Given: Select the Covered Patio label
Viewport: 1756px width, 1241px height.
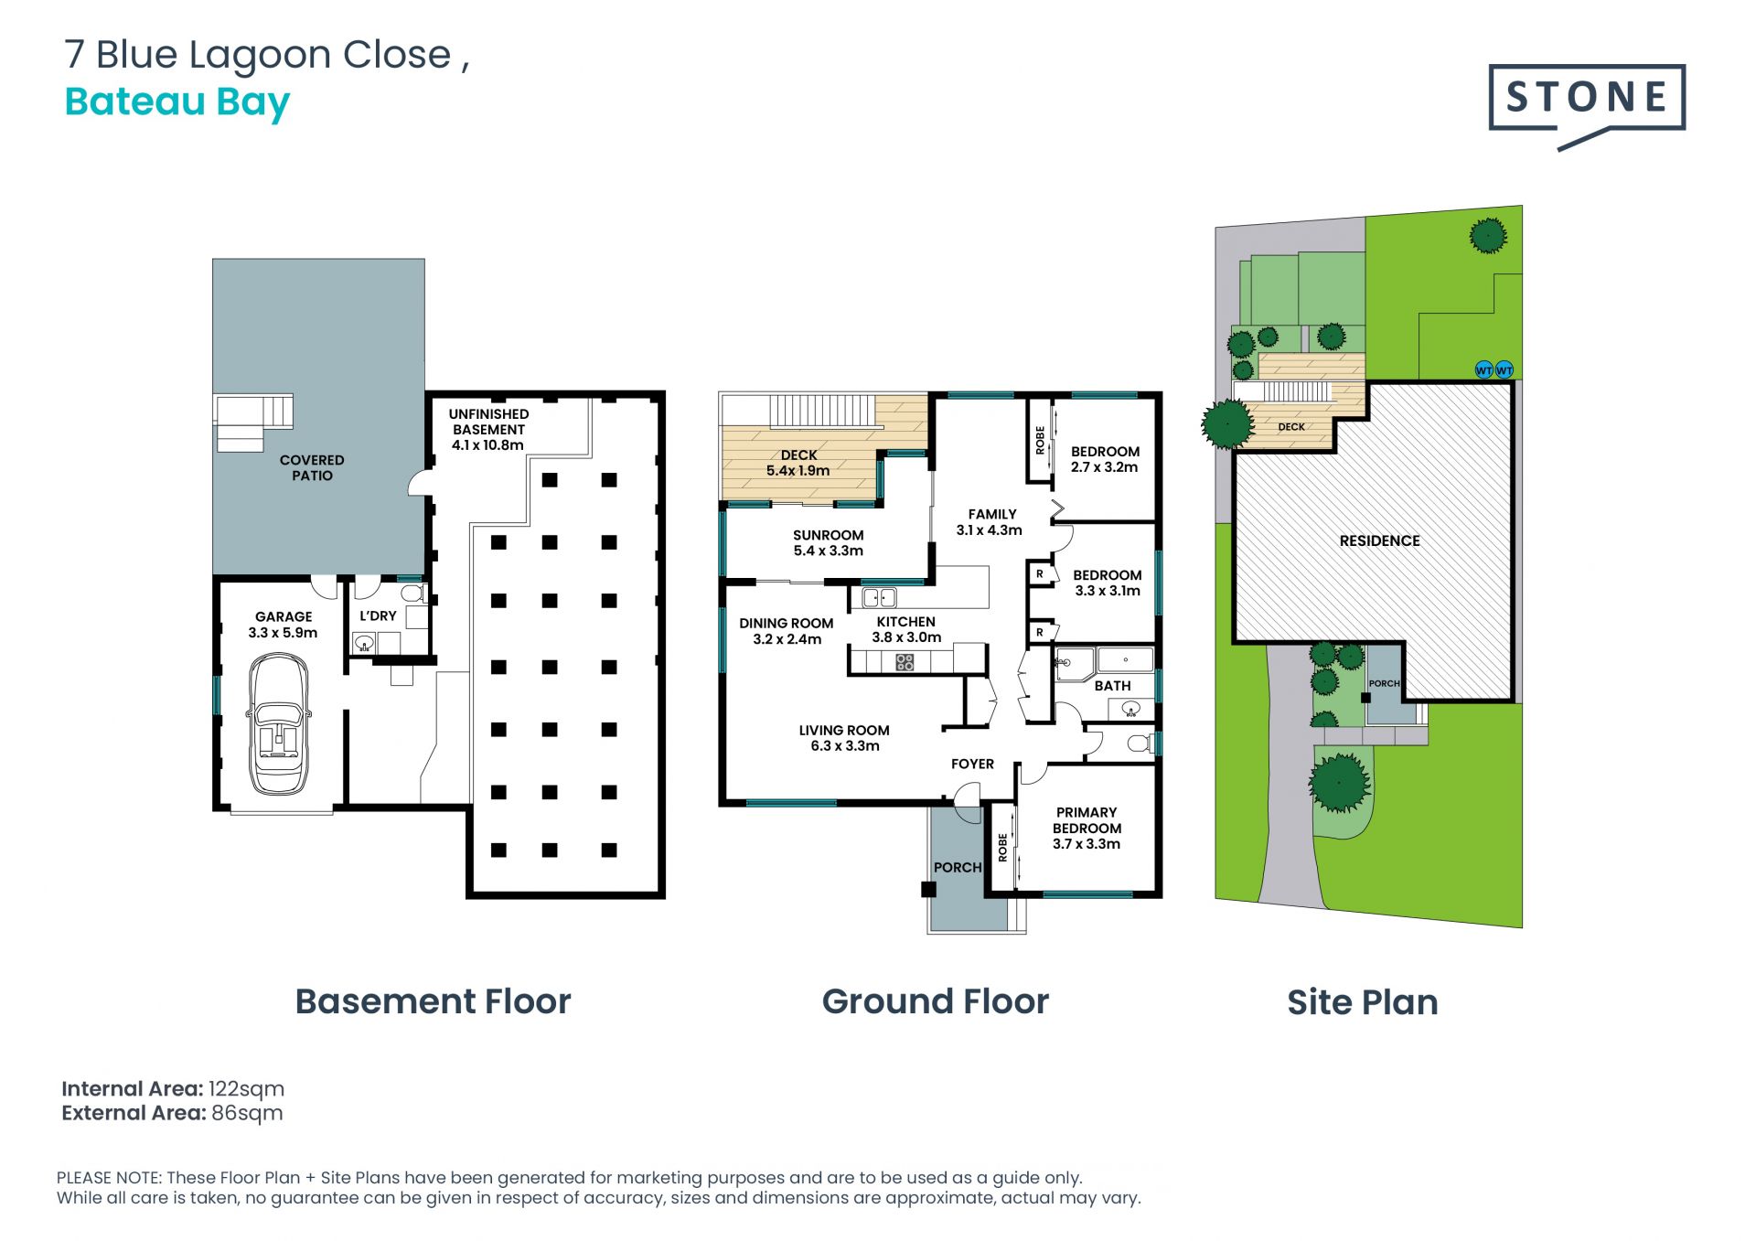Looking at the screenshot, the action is click(312, 467).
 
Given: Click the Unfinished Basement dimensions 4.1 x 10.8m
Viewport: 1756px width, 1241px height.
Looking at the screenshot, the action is click(487, 445).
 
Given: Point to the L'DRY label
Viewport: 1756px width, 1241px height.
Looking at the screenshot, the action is click(378, 615).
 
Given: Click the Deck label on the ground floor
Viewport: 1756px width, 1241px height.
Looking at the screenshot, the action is click(798, 455).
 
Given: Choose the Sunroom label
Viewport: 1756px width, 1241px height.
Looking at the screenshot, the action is click(828, 535).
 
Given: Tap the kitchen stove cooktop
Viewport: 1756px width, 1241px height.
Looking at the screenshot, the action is click(905, 661).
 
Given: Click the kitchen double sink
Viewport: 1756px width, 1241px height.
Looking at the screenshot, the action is click(879, 598).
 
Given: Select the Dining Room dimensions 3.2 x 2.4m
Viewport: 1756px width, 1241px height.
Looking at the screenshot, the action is click(787, 639).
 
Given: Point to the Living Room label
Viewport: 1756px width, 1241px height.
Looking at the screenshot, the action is click(844, 730).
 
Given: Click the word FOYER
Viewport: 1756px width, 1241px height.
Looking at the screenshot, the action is click(972, 764).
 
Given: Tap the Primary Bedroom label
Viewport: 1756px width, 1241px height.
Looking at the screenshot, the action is click(1087, 820).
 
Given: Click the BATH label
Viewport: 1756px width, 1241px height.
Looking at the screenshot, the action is click(1112, 686).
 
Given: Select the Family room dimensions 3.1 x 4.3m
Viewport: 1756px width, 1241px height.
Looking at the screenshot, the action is click(989, 530).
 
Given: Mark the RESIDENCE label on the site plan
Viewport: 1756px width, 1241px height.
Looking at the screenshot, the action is click(1379, 540).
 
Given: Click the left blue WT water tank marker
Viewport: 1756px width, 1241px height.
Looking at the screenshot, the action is click(1483, 370).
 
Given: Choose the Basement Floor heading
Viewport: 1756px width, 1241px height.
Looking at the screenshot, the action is click(433, 1001).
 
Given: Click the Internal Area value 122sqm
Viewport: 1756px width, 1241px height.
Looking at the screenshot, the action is click(246, 1089).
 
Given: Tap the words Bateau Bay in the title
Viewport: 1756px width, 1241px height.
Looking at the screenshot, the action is click(177, 102).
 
